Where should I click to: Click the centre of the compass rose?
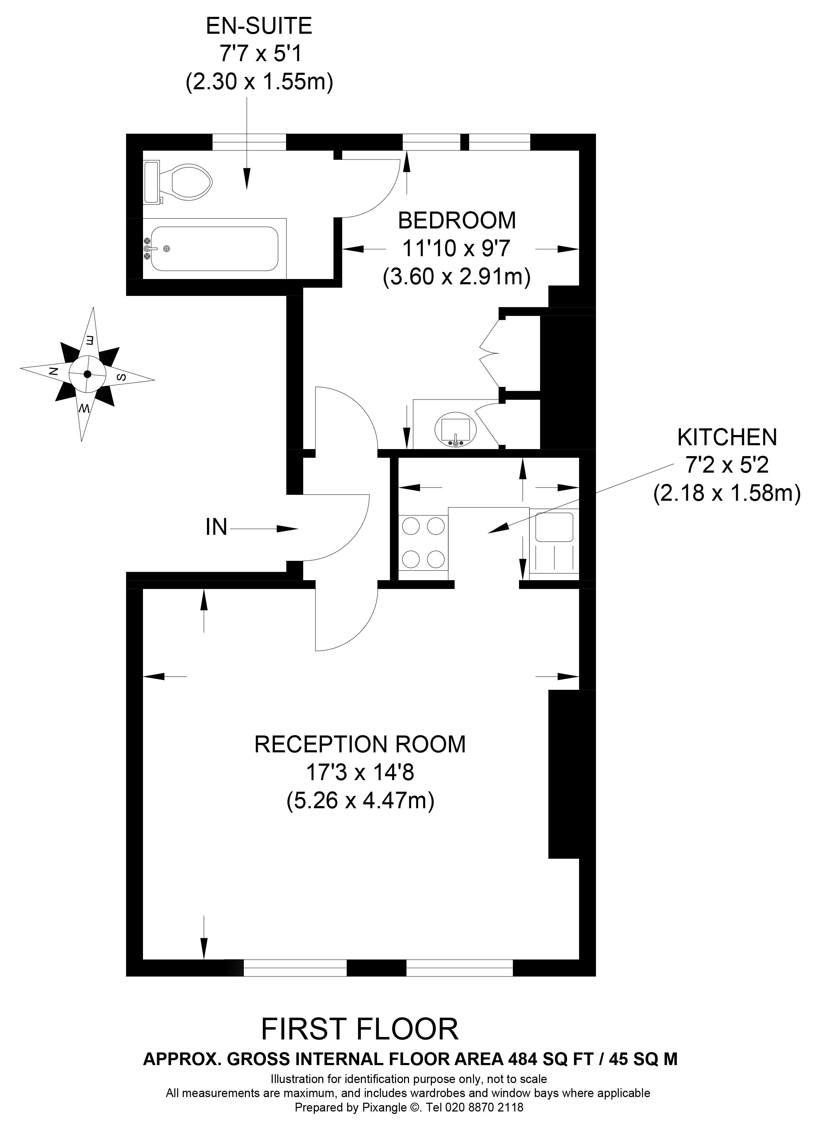click(x=87, y=374)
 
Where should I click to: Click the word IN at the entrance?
click(x=216, y=527)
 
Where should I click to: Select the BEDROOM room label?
click(x=457, y=220)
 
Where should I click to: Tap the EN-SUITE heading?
click(x=259, y=26)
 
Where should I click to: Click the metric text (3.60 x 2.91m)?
click(x=457, y=277)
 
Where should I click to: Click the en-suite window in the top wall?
click(x=249, y=142)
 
